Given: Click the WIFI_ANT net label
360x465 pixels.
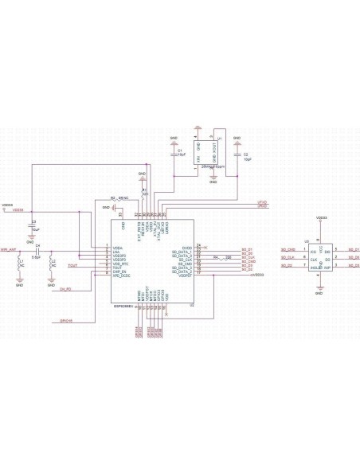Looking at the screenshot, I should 9,249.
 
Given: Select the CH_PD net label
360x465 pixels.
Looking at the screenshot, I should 66,288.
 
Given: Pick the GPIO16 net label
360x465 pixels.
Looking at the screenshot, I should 66,321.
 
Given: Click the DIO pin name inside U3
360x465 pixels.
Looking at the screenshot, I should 327,251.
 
